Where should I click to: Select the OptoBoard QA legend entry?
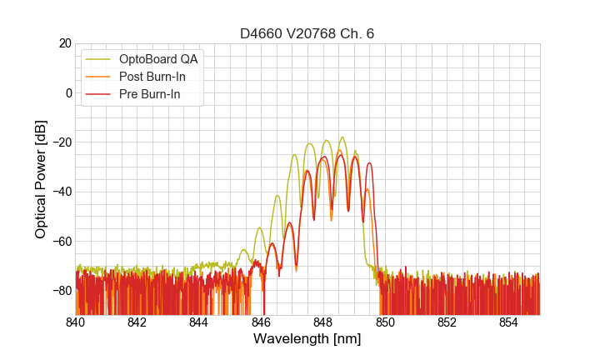[x=158, y=59]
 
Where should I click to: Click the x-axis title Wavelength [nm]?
[x=307, y=339]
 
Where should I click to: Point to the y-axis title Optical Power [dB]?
[x=41, y=179]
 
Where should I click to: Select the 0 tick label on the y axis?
[x=68, y=92]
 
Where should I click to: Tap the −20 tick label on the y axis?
[x=61, y=142]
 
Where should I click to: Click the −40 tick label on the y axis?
[x=61, y=192]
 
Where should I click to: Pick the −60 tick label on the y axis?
[x=61, y=241]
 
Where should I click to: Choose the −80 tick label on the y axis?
[x=61, y=290]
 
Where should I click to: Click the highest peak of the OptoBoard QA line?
[x=342, y=137]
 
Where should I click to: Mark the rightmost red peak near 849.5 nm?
[x=368, y=163]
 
